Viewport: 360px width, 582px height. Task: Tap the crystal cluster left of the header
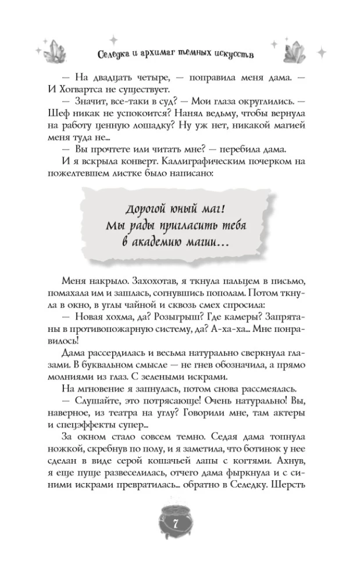[58, 52]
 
